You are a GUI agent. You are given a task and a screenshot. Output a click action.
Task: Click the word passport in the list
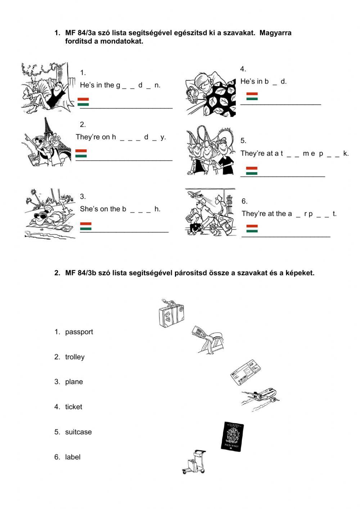coord(79,332)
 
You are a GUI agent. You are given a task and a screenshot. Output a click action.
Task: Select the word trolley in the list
coord(75,357)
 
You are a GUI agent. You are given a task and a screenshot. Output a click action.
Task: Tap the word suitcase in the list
coord(78,432)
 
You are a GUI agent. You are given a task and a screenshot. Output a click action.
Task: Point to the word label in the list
coord(73,457)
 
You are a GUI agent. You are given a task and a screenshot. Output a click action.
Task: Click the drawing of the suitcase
coord(171,313)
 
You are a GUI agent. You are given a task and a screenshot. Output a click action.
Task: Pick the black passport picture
coord(232,436)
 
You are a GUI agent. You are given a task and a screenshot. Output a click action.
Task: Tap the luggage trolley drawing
coord(195,462)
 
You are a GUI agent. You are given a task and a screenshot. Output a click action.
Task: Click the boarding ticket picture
coord(245,371)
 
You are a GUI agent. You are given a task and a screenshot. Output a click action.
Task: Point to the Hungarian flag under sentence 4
coord(252,96)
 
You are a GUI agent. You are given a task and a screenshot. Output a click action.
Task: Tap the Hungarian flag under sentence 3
coord(86,226)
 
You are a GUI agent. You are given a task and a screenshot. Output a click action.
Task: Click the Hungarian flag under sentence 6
coord(252,228)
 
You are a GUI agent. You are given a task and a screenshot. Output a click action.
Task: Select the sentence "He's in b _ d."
coord(264,81)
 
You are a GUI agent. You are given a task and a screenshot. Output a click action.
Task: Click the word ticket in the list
coord(73,407)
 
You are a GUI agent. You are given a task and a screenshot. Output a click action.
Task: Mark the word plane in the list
coord(74,382)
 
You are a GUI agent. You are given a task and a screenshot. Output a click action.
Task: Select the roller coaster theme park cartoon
coord(211,151)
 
